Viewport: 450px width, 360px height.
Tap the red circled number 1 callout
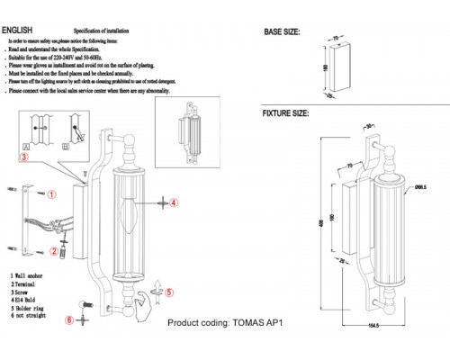point(51,193)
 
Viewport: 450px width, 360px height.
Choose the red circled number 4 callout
point(175,203)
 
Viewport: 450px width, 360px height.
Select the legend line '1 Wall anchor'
point(31,274)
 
